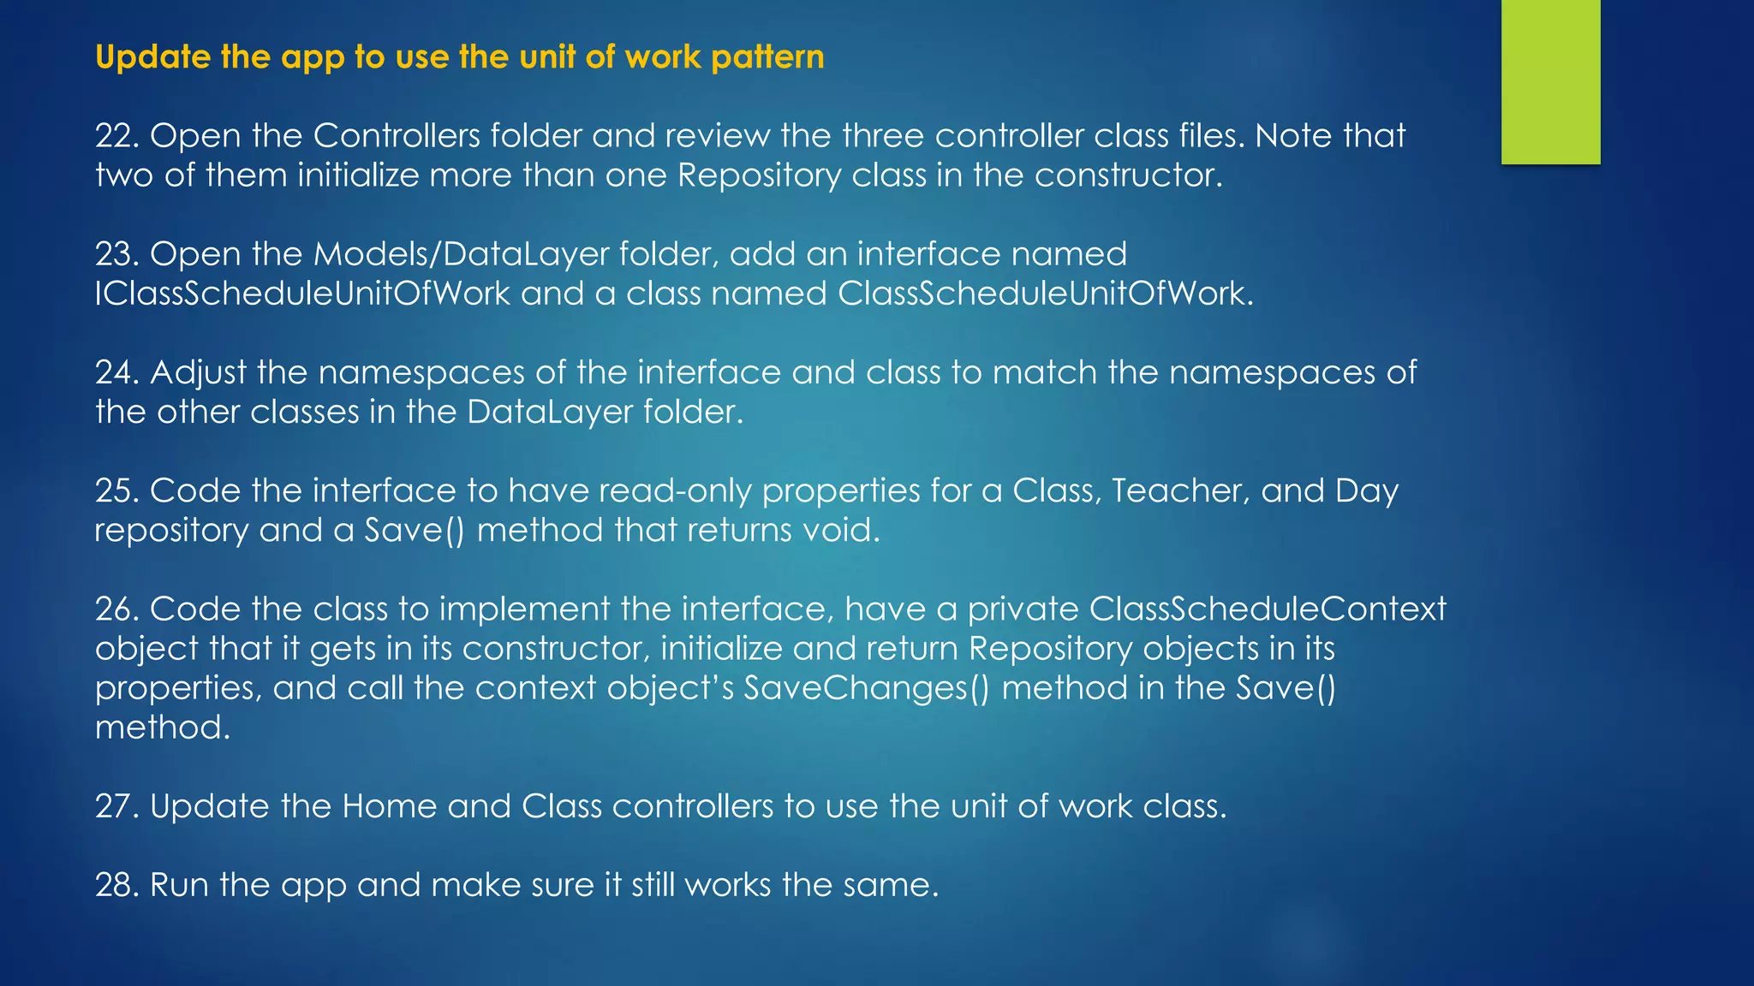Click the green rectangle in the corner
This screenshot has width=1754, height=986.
click(1550, 81)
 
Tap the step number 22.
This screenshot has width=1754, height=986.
click(117, 136)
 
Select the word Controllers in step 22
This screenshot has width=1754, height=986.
click(397, 136)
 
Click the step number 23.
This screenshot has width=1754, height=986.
click(117, 254)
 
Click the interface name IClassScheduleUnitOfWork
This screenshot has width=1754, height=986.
click(302, 294)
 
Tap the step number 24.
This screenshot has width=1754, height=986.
click(117, 372)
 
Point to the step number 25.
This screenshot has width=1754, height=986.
click(117, 490)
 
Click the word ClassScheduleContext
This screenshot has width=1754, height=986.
click(1268, 609)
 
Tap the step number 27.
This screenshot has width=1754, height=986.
click(117, 806)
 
